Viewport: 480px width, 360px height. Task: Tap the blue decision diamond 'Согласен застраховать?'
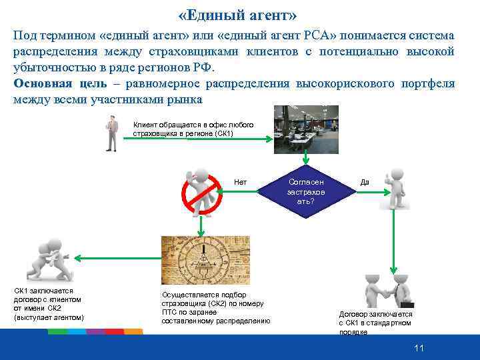pyautogui.click(x=305, y=191)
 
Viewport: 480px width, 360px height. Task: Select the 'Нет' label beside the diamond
pyautogui.click(x=240, y=182)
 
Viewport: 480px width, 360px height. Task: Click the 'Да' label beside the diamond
pyautogui.click(x=365, y=182)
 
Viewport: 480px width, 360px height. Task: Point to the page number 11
pyautogui.click(x=419, y=348)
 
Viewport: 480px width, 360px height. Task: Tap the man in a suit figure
pyautogui.click(x=112, y=133)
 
